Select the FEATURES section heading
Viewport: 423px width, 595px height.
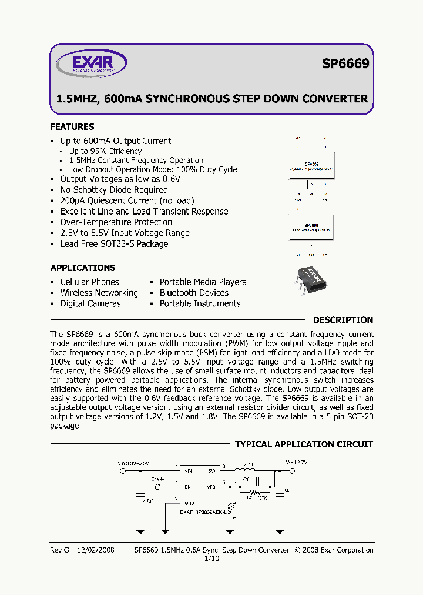click(72, 127)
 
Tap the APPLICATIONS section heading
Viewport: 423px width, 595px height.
click(83, 268)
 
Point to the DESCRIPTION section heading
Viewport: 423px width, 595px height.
click(343, 320)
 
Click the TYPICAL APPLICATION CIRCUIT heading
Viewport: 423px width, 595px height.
click(304, 444)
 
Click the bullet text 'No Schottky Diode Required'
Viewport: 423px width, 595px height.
click(114, 190)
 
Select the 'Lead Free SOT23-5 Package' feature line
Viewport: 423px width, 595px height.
click(114, 244)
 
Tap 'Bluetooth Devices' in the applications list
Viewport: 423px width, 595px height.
click(194, 293)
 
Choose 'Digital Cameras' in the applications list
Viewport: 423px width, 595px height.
click(90, 303)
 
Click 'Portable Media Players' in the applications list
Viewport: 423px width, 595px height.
click(203, 282)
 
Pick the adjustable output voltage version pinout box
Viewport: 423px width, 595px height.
click(311, 167)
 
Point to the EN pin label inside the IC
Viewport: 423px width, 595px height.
click(188, 487)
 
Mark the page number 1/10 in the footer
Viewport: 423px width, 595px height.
click(211, 559)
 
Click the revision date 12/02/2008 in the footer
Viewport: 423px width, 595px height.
click(93, 550)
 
